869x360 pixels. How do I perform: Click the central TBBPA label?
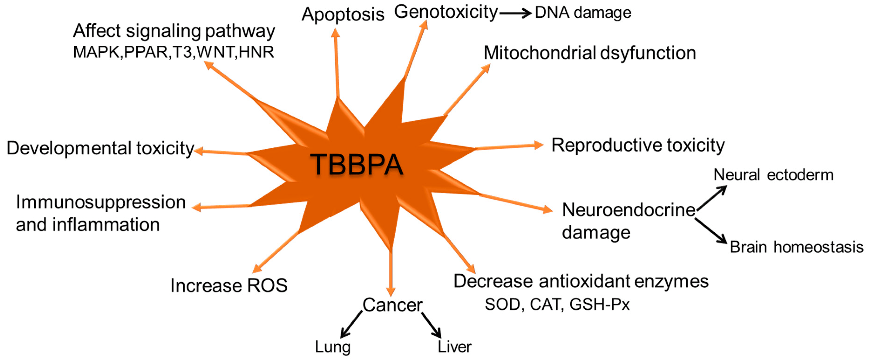(356, 165)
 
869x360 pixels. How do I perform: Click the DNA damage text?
(583, 13)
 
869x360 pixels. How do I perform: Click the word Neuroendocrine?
(628, 210)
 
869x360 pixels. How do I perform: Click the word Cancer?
(392, 305)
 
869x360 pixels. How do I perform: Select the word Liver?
(454, 347)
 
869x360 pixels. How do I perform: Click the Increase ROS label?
(229, 285)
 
